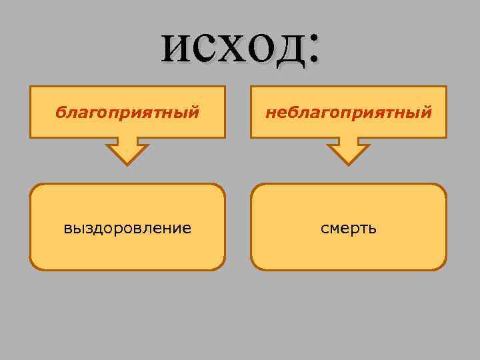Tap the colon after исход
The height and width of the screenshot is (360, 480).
312,49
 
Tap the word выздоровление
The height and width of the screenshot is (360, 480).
127,228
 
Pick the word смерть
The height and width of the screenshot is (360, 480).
348,228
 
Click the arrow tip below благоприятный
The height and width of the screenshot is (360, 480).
127,163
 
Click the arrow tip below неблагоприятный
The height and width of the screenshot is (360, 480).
347,163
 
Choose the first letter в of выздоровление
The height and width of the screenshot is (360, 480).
67,229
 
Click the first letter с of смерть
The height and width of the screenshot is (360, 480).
324,229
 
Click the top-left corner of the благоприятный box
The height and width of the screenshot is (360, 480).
31,87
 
